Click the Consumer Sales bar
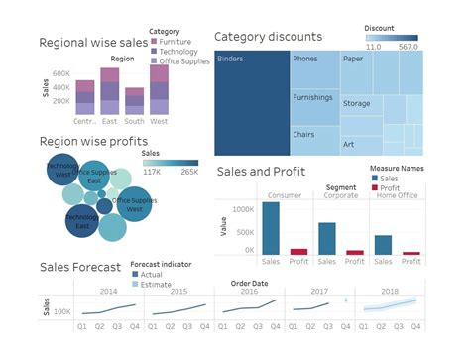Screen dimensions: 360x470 click(x=270, y=227)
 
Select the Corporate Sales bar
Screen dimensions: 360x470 click(x=327, y=238)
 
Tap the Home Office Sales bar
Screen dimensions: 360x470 click(x=383, y=245)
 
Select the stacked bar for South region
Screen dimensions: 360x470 click(x=135, y=105)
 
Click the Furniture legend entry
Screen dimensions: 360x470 click(x=175, y=43)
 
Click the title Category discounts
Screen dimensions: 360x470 click(x=268, y=37)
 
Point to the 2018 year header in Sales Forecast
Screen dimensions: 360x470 click(x=389, y=291)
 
